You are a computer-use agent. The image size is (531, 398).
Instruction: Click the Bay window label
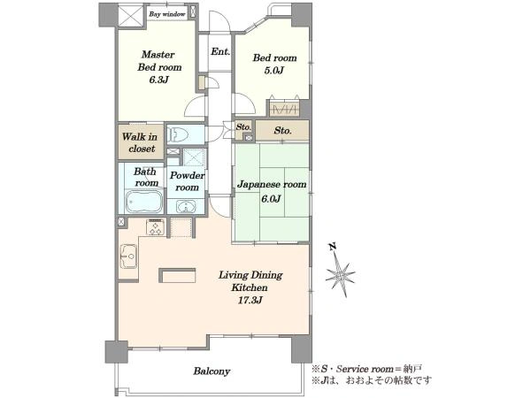[167, 14]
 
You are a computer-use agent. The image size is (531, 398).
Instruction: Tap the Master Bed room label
[159, 61]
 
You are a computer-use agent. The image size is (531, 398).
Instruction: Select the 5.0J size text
[274, 71]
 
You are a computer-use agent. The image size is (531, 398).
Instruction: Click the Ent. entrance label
[220, 52]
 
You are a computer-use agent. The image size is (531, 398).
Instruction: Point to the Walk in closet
[140, 142]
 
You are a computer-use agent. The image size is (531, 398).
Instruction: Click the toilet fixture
[178, 134]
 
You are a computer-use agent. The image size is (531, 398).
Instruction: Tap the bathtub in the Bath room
[144, 202]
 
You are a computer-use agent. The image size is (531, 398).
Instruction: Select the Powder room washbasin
[186, 206]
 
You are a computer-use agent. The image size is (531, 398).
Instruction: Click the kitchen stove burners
[156, 227]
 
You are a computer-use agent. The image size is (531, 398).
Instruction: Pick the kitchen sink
[128, 256]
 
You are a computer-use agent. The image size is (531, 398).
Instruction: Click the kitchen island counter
[177, 275]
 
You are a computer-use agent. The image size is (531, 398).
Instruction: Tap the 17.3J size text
[250, 300]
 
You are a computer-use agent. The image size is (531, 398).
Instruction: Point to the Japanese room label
[272, 185]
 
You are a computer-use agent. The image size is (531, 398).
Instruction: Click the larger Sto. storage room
[282, 131]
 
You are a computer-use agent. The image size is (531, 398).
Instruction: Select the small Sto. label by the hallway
[243, 127]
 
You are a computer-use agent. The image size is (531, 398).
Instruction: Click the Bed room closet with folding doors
[284, 109]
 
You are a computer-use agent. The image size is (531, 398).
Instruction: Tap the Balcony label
[212, 371]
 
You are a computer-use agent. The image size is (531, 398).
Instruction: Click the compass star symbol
[340, 274]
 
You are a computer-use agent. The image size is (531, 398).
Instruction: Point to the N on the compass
[333, 247]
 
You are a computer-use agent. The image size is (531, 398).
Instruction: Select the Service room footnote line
[366, 369]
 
